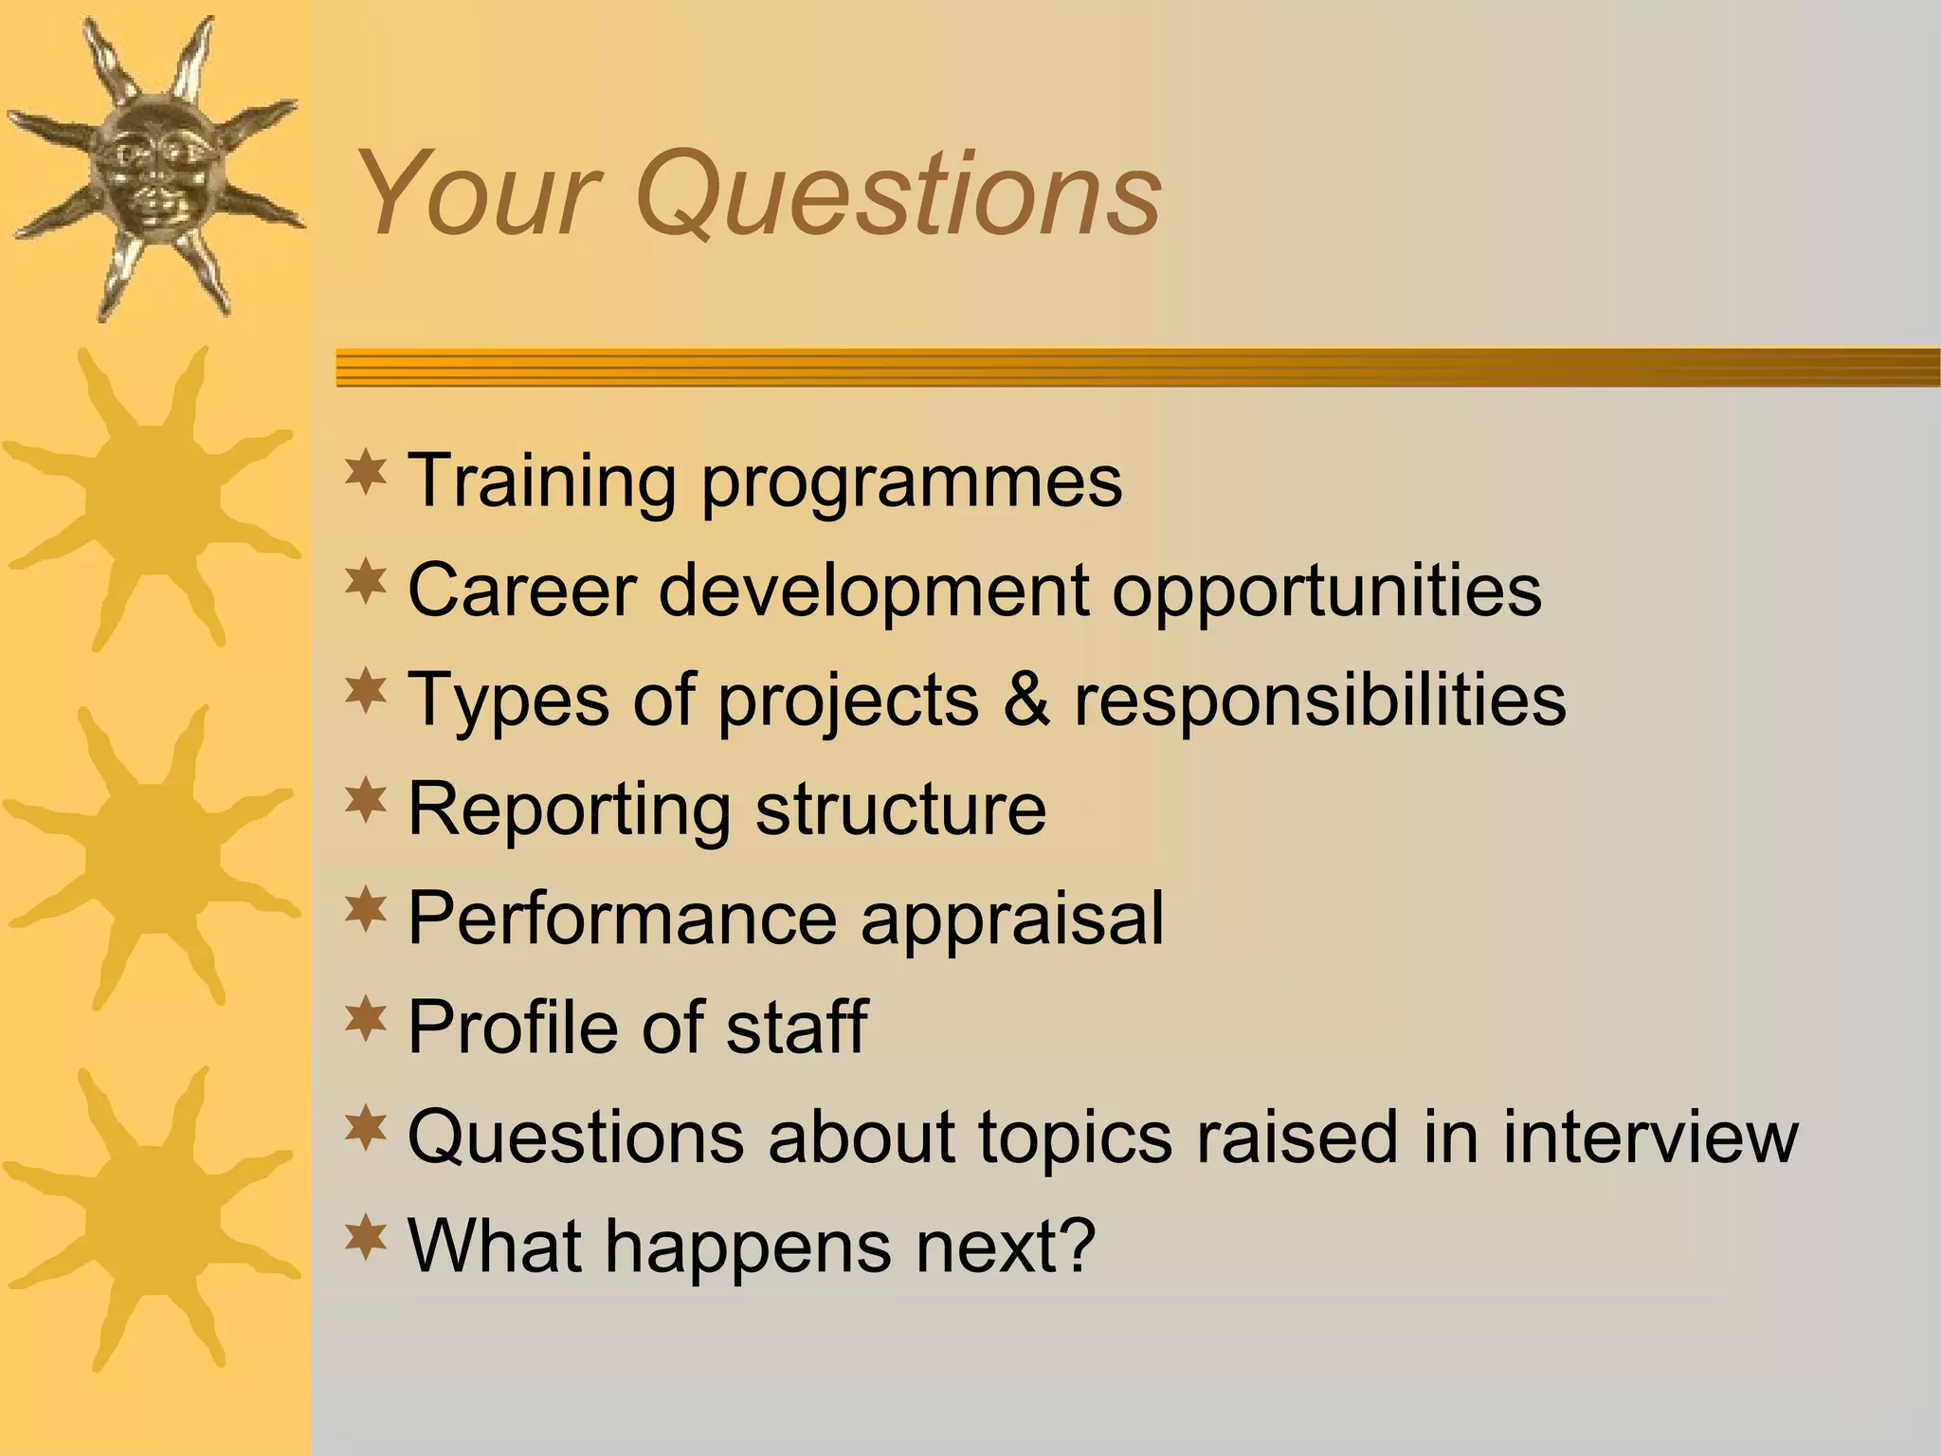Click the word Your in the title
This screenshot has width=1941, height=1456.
click(474, 194)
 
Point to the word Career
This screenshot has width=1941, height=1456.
click(521, 590)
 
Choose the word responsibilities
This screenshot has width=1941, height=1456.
click(1319, 700)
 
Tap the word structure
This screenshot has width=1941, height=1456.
click(901, 809)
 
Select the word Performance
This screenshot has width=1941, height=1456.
click(622, 918)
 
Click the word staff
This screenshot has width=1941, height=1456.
click(796, 1026)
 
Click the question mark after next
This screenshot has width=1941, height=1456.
click(1079, 1245)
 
